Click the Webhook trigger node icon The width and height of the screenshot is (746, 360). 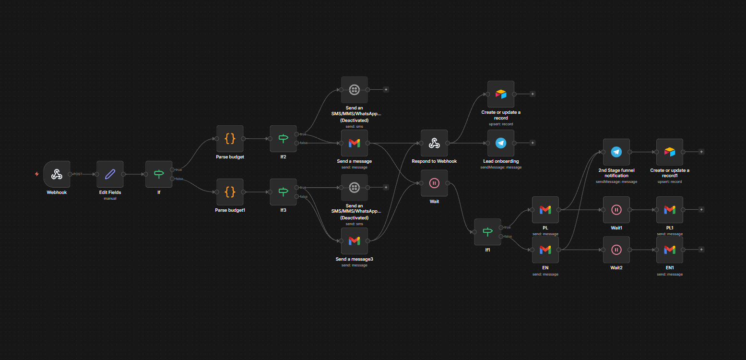click(x=57, y=174)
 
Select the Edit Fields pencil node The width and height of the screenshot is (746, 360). click(x=110, y=174)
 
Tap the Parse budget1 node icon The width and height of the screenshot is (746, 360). click(x=230, y=192)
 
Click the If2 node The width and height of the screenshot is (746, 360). click(x=283, y=139)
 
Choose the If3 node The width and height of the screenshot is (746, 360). click(x=283, y=192)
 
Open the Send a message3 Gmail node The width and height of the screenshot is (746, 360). click(x=355, y=240)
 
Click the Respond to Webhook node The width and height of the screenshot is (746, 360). click(x=434, y=143)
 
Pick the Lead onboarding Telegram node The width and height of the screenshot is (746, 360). click(x=501, y=143)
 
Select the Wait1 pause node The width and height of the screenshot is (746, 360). click(x=616, y=210)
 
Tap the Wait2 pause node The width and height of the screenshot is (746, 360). click(x=616, y=250)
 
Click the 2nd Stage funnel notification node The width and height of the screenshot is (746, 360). click(x=616, y=152)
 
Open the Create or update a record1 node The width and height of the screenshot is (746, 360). click(x=670, y=152)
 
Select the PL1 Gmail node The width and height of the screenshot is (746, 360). click(x=670, y=210)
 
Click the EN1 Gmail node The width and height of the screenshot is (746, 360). click(x=670, y=250)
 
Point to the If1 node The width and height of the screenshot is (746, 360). click(x=487, y=232)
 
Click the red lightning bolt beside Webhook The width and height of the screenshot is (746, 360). click(x=36, y=174)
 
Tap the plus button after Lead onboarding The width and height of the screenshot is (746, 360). click(x=533, y=143)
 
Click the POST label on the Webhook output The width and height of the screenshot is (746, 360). click(x=78, y=174)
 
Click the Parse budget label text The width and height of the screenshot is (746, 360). click(x=230, y=157)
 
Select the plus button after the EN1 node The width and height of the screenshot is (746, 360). click(x=701, y=250)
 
